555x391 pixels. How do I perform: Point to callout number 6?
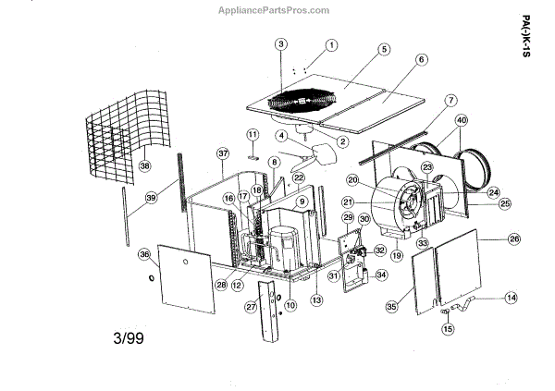pyautogui.click(x=421, y=59)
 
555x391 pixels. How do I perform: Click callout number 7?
pyautogui.click(x=450, y=100)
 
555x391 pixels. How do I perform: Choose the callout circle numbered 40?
pyautogui.click(x=462, y=119)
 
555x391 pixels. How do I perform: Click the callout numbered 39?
pyautogui.click(x=151, y=198)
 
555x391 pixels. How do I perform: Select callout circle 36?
pyautogui.click(x=143, y=255)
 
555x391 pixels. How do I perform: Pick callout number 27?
pyautogui.click(x=250, y=306)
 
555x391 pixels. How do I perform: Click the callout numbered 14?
pyautogui.click(x=512, y=298)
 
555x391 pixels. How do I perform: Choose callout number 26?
pyautogui.click(x=514, y=238)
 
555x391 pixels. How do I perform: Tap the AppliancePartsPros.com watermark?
pyautogui.click(x=272, y=11)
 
